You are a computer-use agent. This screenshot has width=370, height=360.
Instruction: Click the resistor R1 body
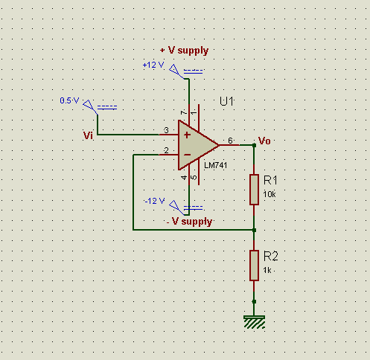click(254, 190)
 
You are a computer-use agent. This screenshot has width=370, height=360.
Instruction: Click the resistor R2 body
click(254, 266)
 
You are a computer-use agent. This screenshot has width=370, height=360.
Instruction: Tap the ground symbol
click(254, 322)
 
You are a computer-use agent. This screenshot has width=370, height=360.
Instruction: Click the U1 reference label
click(226, 101)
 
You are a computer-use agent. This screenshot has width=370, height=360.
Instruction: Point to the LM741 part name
click(215, 165)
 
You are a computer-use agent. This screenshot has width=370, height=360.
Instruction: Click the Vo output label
click(264, 141)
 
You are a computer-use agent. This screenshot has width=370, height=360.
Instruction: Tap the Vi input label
click(88, 135)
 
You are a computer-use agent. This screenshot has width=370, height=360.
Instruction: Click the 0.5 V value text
click(69, 100)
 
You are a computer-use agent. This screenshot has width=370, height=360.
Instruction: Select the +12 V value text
click(153, 65)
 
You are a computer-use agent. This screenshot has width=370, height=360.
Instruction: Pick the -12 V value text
click(154, 201)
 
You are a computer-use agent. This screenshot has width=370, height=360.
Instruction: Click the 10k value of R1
click(269, 194)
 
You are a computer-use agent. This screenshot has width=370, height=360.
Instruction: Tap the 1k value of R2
click(267, 270)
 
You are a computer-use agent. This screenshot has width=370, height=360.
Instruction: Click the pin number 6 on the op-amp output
click(230, 141)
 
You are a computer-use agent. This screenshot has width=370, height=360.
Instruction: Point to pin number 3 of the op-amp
click(166, 130)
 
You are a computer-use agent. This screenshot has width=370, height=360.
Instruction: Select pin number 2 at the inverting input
click(166, 150)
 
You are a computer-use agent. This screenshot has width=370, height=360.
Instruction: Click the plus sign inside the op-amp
click(187, 135)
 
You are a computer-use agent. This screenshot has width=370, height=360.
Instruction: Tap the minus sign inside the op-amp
click(187, 155)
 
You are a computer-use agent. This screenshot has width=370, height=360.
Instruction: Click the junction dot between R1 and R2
click(254, 230)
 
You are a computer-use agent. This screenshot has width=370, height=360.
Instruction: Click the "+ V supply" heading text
click(184, 51)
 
